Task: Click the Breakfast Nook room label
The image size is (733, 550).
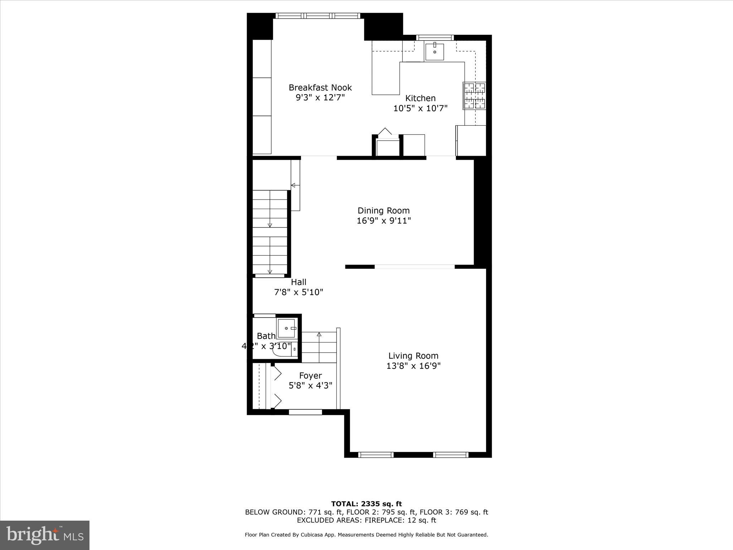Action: (320, 88)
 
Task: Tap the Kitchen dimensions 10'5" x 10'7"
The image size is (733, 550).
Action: (420, 108)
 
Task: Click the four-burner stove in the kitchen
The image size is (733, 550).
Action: (475, 96)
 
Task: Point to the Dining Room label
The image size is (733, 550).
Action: (383, 211)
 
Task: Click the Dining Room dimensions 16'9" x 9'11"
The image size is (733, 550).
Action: (383, 221)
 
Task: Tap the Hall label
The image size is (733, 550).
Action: (298, 282)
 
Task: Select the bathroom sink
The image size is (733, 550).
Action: (287, 328)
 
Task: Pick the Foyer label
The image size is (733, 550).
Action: (310, 376)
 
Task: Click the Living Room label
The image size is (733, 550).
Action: (413, 356)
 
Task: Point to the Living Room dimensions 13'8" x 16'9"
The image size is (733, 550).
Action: (413, 366)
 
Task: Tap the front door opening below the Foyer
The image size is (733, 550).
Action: (305, 412)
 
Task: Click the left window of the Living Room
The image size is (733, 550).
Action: (376, 455)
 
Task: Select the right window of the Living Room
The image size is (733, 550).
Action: (451, 455)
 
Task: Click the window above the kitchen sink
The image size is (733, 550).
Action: (435, 38)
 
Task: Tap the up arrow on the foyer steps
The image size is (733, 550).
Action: (319, 335)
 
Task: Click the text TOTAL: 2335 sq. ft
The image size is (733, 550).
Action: (366, 504)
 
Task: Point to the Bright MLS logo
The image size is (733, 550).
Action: (45, 535)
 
